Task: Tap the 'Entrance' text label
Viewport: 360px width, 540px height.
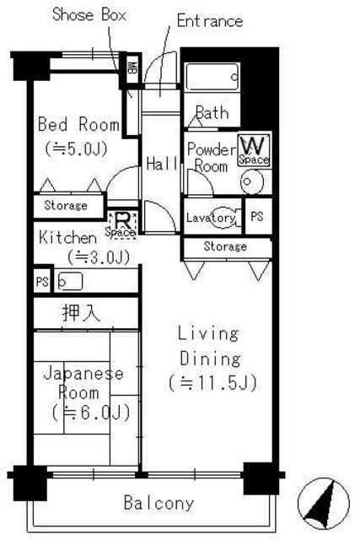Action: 209,20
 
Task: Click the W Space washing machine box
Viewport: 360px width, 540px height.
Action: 253,150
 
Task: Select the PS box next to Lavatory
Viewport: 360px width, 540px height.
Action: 257,217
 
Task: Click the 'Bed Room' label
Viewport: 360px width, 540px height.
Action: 78,125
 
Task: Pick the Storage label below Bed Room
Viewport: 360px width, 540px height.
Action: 65,205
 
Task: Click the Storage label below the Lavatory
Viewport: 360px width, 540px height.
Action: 225,246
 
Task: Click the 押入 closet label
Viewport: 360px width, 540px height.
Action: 83,313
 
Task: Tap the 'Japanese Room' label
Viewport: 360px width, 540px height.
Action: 83,383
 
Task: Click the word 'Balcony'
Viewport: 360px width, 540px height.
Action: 159,504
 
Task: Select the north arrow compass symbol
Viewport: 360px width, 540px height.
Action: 325,505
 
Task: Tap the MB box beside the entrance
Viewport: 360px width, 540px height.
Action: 132,68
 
